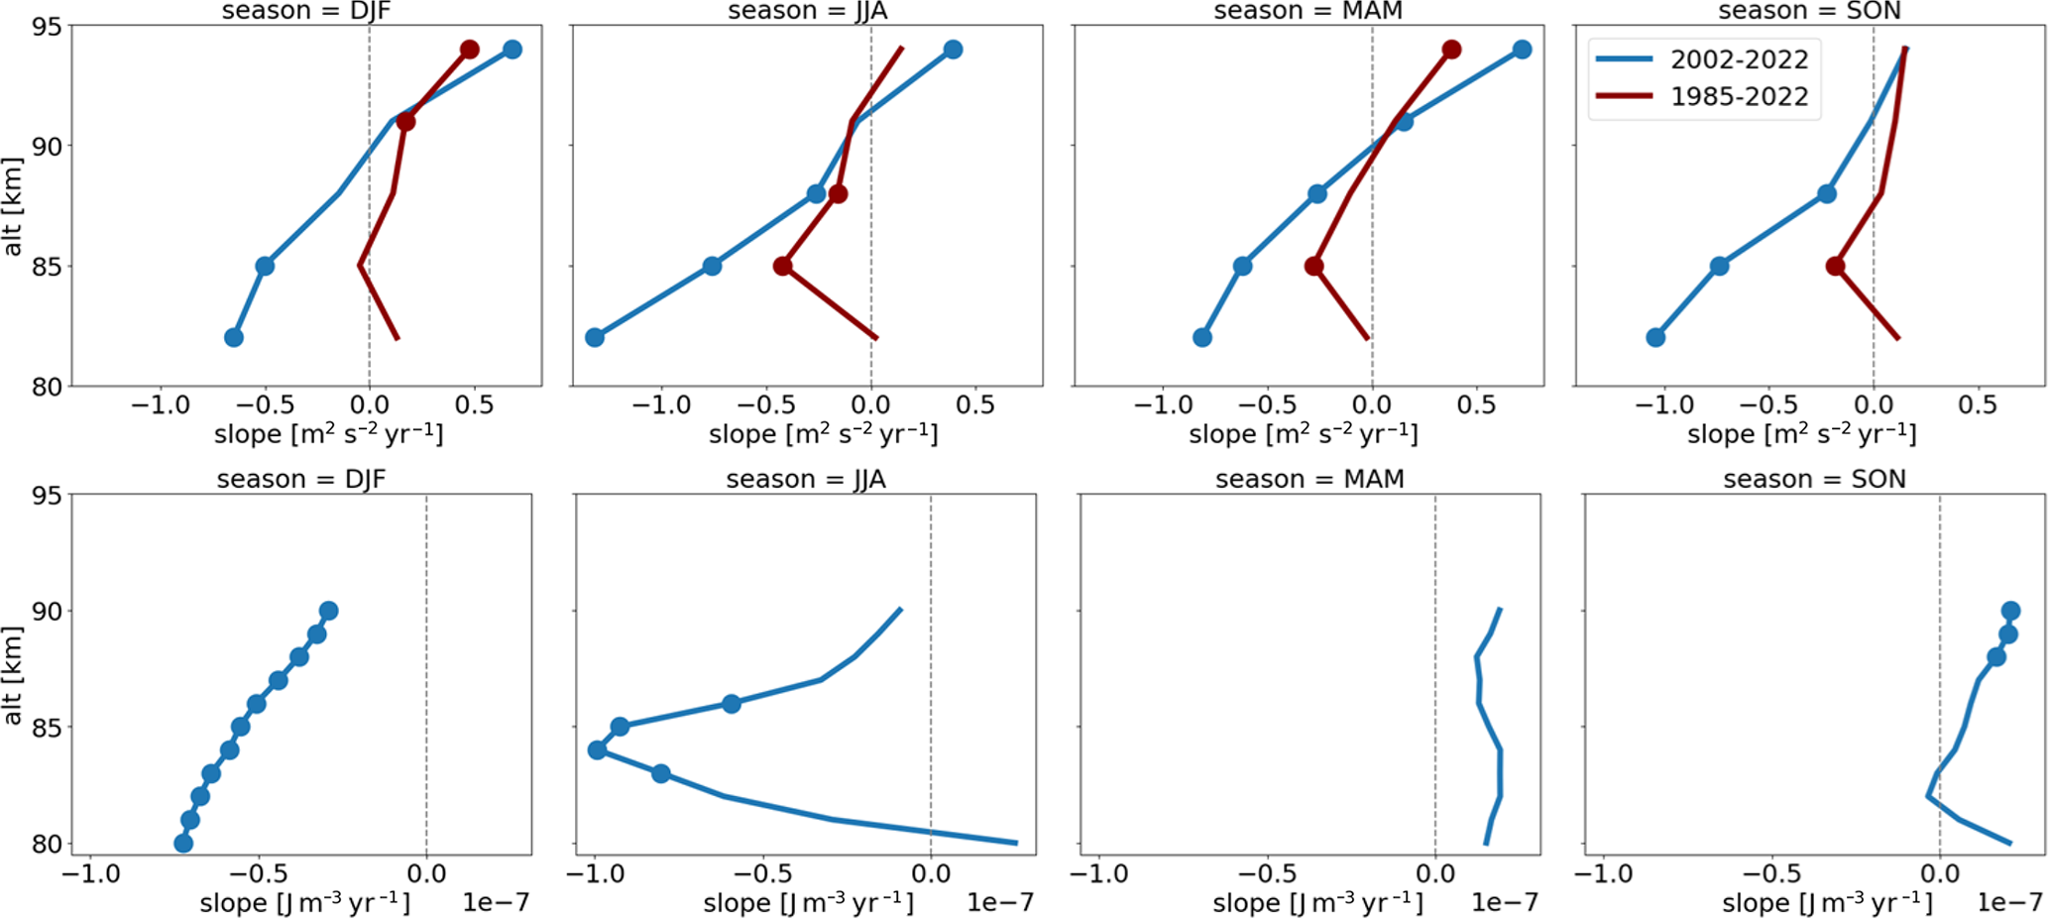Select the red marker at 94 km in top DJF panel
tap(470, 50)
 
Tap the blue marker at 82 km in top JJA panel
tap(595, 338)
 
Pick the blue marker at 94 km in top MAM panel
tap(1523, 50)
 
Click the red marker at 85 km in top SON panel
tap(1835, 267)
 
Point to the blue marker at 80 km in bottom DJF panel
tap(183, 844)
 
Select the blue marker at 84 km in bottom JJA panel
tap(597, 750)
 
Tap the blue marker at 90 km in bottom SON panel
tap(2010, 611)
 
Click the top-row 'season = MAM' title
tap(1308, 12)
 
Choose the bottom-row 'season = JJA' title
tap(806, 480)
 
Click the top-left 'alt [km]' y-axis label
tap(13, 206)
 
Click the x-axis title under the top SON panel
tap(1801, 434)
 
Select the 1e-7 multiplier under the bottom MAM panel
tap(1505, 902)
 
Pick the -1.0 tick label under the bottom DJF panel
tap(91, 874)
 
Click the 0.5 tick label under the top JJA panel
tap(975, 405)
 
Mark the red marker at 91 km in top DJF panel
tap(405, 121)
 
